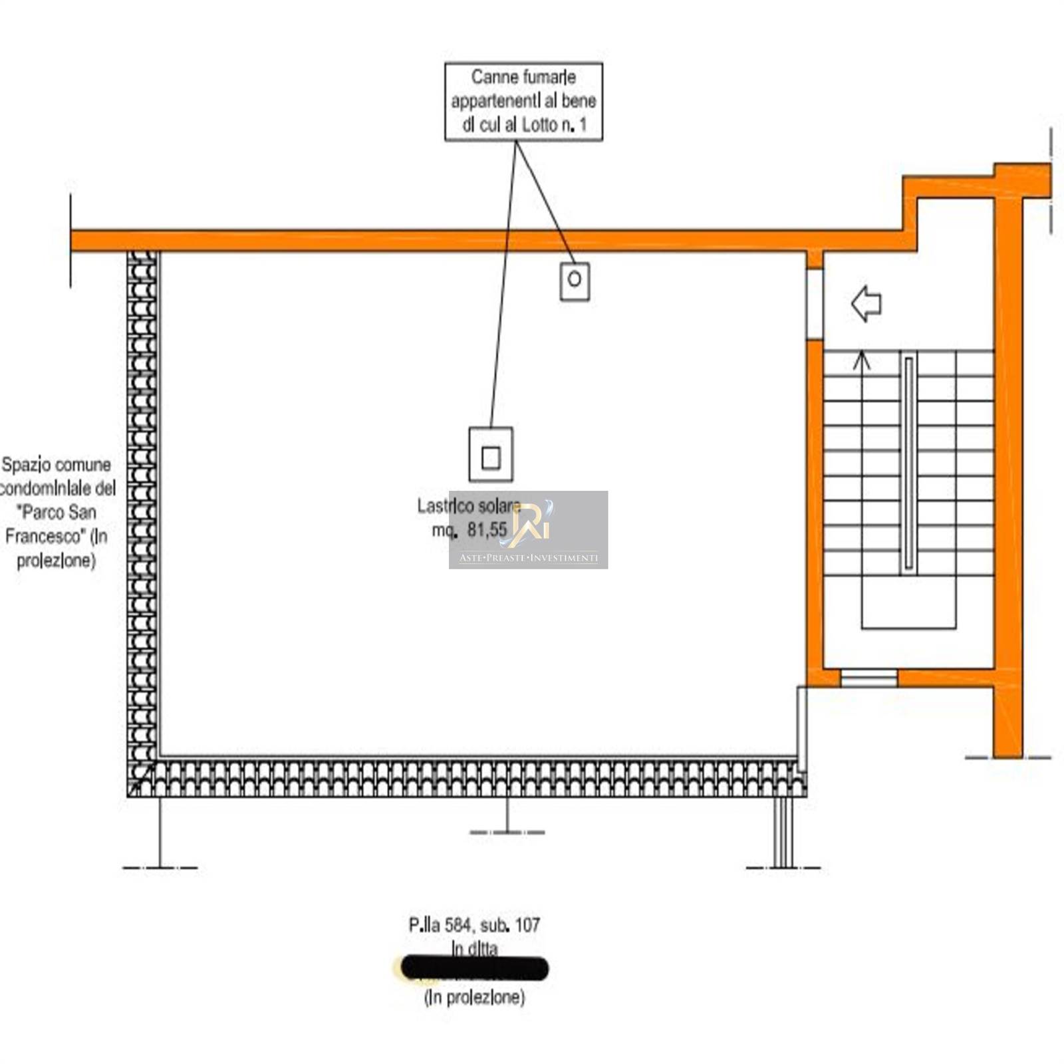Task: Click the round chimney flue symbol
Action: tap(575, 281)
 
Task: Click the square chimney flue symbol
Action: tap(491, 456)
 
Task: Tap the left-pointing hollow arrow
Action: tap(866, 304)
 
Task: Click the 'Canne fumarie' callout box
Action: tap(523, 101)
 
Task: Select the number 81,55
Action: tap(487, 530)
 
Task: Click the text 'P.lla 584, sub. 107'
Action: tap(473, 925)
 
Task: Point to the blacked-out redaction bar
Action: tap(475, 969)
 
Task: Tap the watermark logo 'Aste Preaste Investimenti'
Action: tap(528, 530)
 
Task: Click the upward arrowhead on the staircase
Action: tap(862, 360)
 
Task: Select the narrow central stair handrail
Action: tap(908, 463)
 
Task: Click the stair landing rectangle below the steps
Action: tap(908, 602)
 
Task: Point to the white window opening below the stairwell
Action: tap(868, 678)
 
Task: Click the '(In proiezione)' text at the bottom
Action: tap(473, 997)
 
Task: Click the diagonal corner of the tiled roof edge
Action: tap(142, 778)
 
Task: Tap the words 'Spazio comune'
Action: tap(57, 464)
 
